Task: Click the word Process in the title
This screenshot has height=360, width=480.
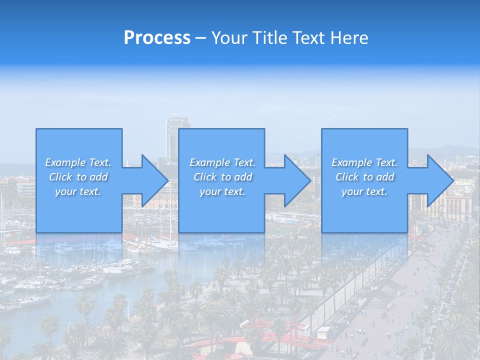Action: pyautogui.click(x=157, y=38)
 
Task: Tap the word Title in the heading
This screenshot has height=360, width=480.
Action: pyautogui.click(x=269, y=38)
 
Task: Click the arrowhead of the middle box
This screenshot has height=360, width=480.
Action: pyautogui.click(x=296, y=181)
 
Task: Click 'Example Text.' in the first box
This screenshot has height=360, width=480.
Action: pyautogui.click(x=78, y=162)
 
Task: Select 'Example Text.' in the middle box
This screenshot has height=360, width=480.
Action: pyautogui.click(x=222, y=162)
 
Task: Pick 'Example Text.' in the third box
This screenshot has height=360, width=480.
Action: pyautogui.click(x=364, y=162)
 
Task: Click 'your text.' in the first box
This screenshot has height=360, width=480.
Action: pyautogui.click(x=78, y=191)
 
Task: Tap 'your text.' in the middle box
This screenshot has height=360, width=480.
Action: pyautogui.click(x=222, y=191)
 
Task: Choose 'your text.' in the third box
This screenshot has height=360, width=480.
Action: pyautogui.click(x=364, y=191)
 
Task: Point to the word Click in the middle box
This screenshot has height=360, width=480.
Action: pyautogui.click(x=205, y=177)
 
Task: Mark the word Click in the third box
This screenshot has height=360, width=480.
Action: pyautogui.click(x=347, y=177)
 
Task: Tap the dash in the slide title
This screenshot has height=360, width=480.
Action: pyautogui.click(x=201, y=38)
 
